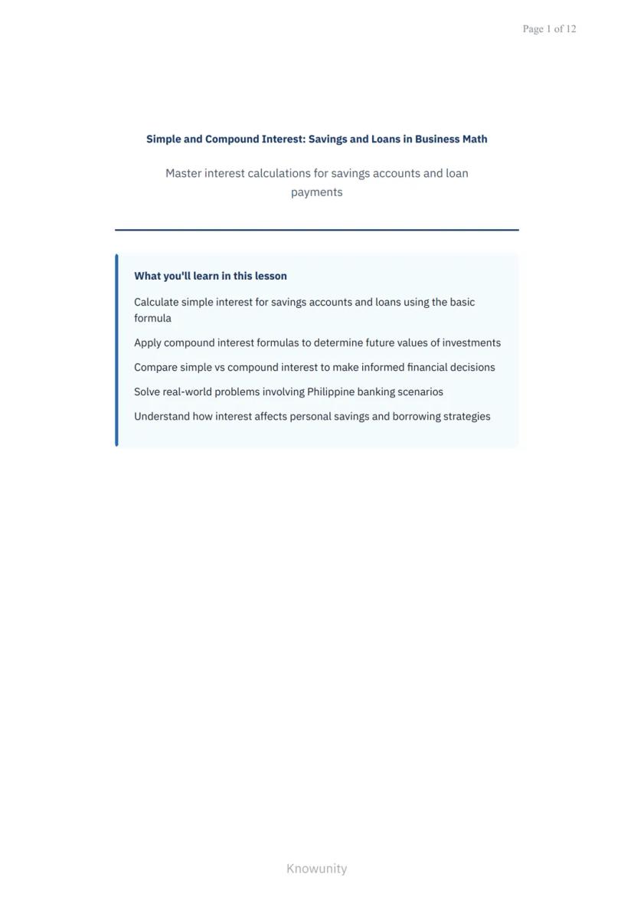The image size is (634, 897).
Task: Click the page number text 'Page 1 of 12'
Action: (x=549, y=29)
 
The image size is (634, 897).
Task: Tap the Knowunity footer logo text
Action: (x=316, y=869)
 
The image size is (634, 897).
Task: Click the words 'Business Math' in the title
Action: (x=451, y=139)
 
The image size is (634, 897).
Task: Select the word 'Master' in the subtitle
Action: (x=183, y=174)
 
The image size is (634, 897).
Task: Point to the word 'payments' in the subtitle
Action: (x=316, y=192)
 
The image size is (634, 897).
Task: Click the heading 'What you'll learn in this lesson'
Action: (x=211, y=276)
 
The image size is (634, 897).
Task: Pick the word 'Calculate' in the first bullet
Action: (x=156, y=303)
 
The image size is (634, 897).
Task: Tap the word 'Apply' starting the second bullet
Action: (x=147, y=343)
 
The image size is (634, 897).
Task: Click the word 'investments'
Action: (x=472, y=343)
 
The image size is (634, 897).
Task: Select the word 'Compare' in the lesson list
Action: (x=155, y=368)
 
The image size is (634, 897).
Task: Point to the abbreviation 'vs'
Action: (x=220, y=368)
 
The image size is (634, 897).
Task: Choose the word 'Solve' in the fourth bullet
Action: (x=147, y=392)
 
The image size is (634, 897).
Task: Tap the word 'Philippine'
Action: (x=331, y=392)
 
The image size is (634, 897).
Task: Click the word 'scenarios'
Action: (x=420, y=392)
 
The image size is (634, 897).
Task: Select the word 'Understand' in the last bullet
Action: (x=162, y=417)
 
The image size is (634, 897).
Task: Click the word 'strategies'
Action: (x=467, y=417)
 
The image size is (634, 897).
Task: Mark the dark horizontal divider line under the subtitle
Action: (x=316, y=229)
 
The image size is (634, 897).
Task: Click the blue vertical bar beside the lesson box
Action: (x=116, y=350)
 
